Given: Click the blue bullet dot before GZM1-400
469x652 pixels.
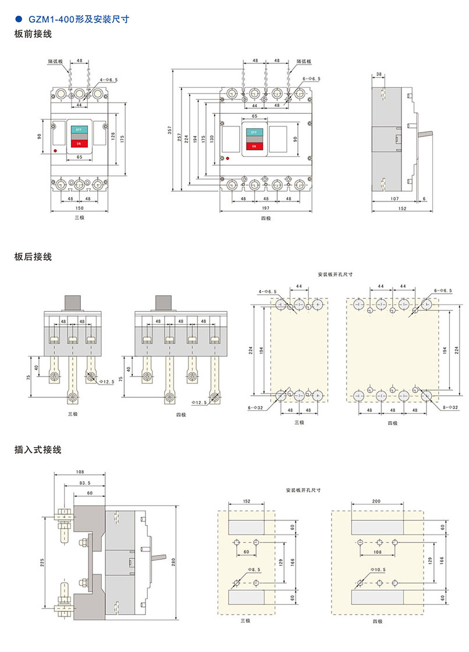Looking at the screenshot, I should (17, 19).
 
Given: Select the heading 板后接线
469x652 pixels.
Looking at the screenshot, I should (33, 256).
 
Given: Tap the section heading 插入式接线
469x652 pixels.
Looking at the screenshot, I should (37, 450).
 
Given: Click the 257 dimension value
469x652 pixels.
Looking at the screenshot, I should (179, 135).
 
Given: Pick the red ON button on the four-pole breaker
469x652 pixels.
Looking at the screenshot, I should (254, 146).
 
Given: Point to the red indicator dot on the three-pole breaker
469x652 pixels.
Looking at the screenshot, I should (55, 151).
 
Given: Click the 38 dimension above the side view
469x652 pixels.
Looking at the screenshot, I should (379, 74).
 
